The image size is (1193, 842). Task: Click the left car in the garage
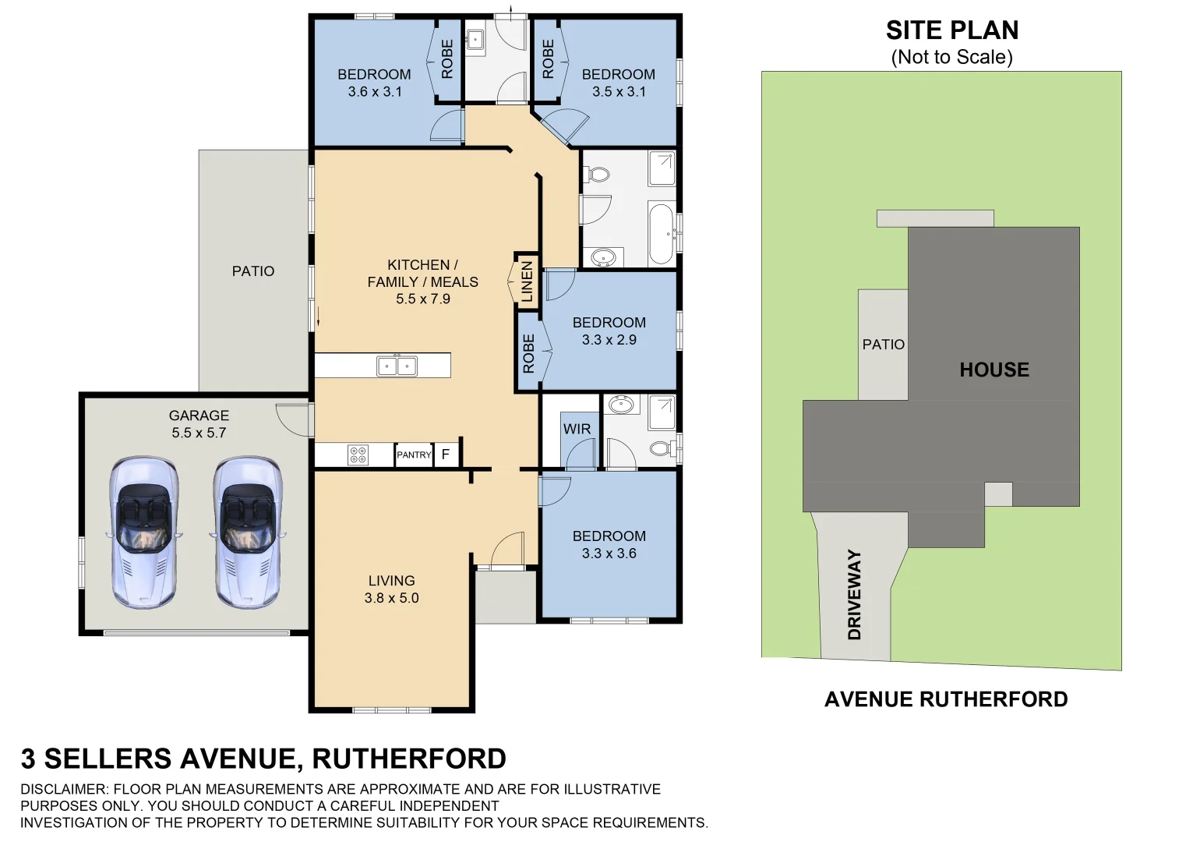[143, 532]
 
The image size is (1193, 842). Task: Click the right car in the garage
[248, 532]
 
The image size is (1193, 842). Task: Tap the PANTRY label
[414, 455]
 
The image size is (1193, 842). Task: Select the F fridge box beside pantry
[446, 454]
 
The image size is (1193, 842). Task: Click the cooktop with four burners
[358, 455]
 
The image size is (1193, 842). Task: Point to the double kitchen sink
[397, 366]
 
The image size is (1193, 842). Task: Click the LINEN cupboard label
[527, 281]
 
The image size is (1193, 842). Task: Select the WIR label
[577, 429]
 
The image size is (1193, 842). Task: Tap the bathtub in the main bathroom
[662, 233]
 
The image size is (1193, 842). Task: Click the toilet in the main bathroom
[598, 174]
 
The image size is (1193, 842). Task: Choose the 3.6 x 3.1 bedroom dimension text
[375, 92]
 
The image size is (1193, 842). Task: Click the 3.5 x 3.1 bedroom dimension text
[619, 92]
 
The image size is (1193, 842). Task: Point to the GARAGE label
[199, 416]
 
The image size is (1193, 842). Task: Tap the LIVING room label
[391, 581]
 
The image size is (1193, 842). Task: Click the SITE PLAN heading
[951, 30]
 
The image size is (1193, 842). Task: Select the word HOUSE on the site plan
[994, 370]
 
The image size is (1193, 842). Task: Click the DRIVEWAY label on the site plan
[855, 594]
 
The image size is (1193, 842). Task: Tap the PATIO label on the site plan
[883, 345]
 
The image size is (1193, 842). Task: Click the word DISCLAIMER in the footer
[65, 789]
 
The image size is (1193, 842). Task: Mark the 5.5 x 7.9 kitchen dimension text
[422, 299]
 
